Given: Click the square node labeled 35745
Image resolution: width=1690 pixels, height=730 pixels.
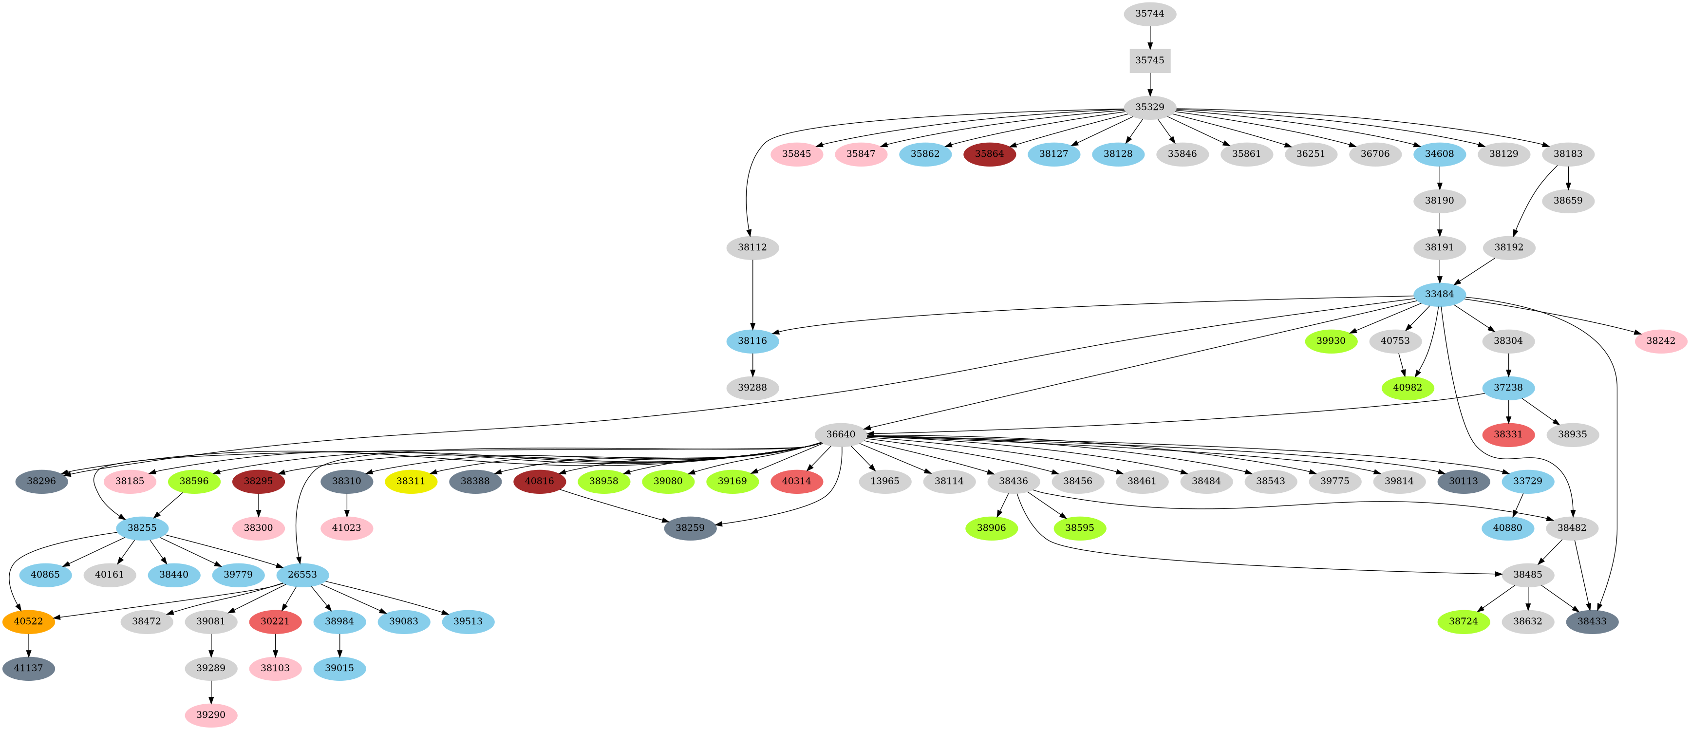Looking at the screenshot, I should (1149, 60).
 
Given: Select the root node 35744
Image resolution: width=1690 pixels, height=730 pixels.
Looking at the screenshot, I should (1149, 14).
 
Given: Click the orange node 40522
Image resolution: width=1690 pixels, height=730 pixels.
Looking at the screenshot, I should (28, 621).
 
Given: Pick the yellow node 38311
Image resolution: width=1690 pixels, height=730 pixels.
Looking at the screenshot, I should (411, 481).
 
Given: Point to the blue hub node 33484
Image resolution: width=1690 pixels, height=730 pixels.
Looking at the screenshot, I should (1439, 294).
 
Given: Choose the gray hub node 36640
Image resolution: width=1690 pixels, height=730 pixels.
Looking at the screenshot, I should (841, 434).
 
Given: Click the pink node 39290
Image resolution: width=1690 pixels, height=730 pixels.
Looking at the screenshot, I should (210, 714).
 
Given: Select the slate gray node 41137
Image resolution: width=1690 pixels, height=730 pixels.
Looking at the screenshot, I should (28, 668).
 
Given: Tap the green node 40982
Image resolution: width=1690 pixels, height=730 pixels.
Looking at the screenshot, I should (1407, 388).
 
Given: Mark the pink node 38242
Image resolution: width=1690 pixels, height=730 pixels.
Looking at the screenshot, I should (1660, 340).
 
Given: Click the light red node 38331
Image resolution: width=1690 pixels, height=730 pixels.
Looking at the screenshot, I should (1508, 434).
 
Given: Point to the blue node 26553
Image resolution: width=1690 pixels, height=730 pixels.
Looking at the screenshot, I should (302, 575).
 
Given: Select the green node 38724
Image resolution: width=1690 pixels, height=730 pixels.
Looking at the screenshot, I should (1463, 621).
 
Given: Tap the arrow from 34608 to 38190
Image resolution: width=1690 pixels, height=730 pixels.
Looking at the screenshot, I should (1439, 177).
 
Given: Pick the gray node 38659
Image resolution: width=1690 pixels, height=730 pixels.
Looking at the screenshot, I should (1567, 201).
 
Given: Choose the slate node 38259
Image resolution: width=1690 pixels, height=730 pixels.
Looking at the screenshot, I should (690, 527).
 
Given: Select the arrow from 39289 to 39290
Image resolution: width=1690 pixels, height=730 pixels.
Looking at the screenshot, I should (210, 692).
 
